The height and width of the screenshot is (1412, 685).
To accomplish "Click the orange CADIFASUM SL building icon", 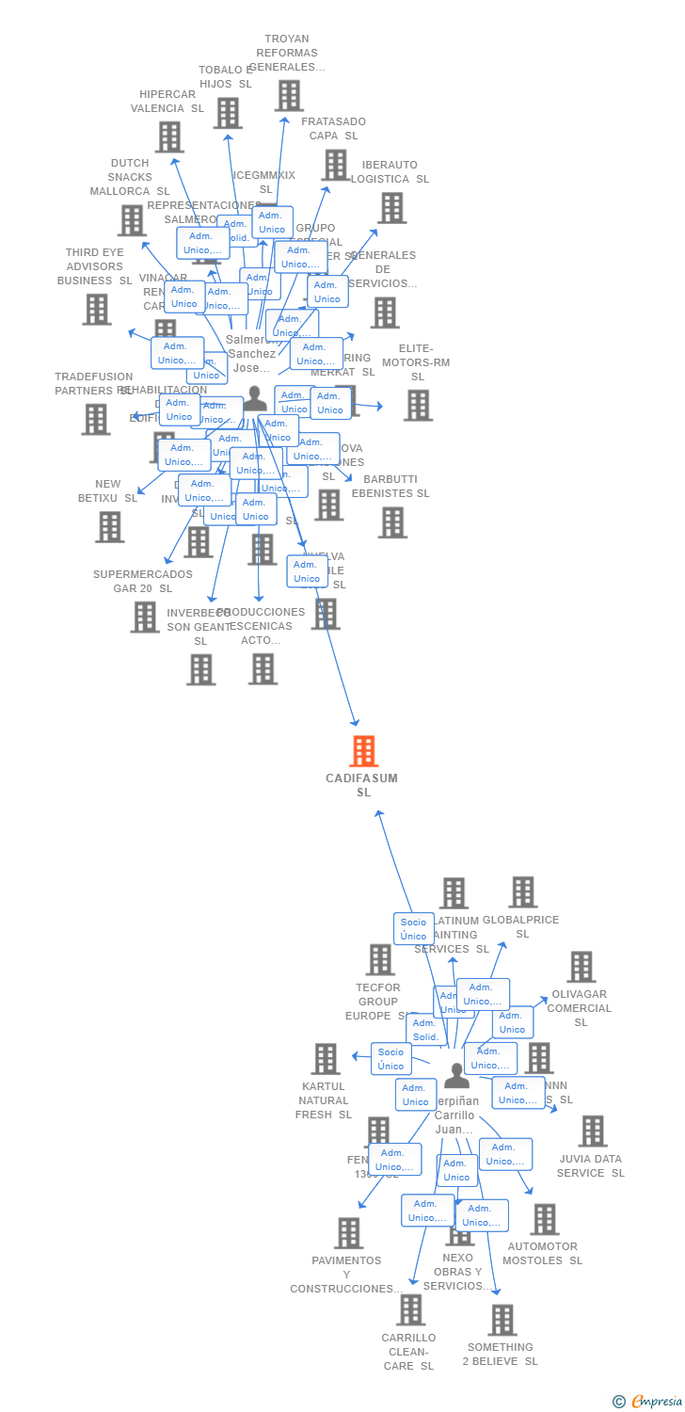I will (363, 751).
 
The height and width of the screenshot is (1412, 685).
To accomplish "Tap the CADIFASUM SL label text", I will (362, 785).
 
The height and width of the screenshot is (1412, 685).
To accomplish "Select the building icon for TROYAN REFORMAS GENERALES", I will (289, 96).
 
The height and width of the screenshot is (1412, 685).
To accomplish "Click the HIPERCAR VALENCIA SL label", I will (167, 102).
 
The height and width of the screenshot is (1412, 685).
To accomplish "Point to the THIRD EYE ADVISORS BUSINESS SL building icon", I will (96, 309).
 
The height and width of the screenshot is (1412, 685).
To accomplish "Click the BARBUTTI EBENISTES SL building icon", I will (392, 522).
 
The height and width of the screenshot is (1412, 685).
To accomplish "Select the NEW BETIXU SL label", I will (107, 491).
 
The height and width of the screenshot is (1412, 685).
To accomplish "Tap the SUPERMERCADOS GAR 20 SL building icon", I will (145, 618).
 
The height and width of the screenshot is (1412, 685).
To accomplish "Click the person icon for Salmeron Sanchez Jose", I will (255, 397).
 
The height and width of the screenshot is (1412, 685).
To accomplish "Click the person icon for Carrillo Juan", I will (456, 1074).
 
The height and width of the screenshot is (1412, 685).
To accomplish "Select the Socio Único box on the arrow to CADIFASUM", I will (413, 928).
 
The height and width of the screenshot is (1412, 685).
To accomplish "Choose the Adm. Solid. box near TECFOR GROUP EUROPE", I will (425, 1030).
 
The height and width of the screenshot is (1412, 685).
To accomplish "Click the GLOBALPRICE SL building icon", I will (523, 892).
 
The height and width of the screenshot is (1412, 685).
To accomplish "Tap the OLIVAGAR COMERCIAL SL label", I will (579, 1008).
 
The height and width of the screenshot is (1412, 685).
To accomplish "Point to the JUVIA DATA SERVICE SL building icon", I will (593, 1131).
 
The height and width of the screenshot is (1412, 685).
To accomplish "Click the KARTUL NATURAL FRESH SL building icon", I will (326, 1059).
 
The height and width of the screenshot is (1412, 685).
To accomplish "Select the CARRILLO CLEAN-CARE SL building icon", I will (410, 1309).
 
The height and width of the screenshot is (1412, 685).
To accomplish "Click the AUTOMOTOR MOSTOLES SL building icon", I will (544, 1220).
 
